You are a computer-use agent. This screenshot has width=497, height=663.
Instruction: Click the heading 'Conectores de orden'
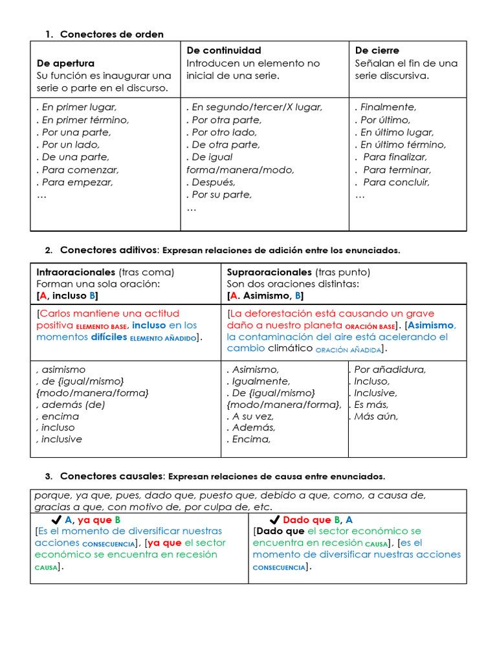click(x=111, y=34)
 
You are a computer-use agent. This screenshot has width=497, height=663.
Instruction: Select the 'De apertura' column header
click(x=65, y=63)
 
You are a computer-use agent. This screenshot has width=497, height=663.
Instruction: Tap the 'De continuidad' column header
click(x=224, y=51)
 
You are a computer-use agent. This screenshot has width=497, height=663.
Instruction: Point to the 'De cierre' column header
click(x=377, y=51)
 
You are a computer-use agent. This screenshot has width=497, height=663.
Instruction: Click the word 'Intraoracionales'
click(x=76, y=273)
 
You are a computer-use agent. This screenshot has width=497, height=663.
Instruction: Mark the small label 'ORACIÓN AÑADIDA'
click(x=348, y=350)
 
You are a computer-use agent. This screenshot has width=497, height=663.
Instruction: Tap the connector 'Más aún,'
click(x=376, y=416)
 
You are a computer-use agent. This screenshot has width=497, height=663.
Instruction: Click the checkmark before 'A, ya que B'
click(x=56, y=520)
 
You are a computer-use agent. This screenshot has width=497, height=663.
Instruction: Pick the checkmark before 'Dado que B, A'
click(x=274, y=520)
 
